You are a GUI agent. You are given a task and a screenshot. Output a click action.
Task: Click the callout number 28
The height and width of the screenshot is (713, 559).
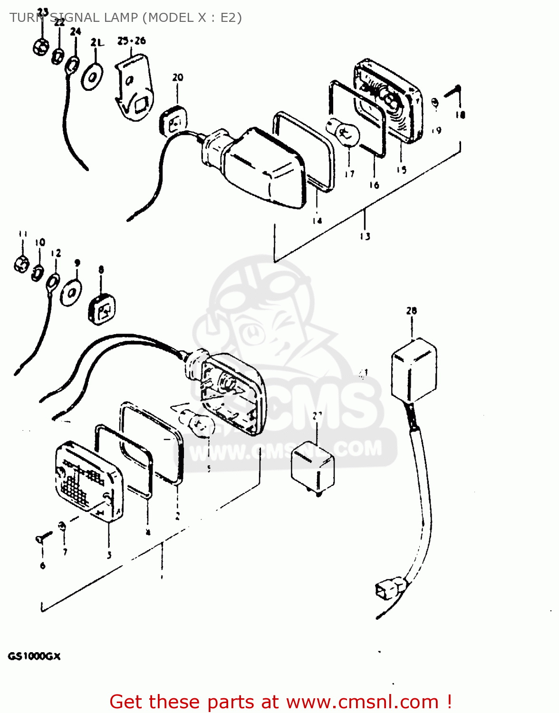coord(412,311)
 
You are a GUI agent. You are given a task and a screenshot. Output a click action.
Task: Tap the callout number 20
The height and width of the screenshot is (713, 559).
coord(178,77)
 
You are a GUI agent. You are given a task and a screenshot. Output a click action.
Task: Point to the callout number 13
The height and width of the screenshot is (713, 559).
coord(365,236)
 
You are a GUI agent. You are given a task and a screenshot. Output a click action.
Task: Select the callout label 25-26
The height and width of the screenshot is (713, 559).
coord(132,41)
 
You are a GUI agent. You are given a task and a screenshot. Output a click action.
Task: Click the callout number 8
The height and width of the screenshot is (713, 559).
coord(101,270)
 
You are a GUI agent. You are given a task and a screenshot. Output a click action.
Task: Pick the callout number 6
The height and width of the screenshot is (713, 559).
coord(43,565)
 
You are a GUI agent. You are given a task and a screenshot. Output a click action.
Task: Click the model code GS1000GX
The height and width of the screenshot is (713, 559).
coord(34,656)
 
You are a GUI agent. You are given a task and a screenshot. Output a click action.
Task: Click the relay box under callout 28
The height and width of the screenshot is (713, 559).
coord(414,369)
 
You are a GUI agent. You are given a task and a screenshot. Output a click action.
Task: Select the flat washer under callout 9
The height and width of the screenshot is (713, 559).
coord(71,292)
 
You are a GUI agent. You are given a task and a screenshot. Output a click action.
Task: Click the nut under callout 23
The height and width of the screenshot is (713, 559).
coord(40,46)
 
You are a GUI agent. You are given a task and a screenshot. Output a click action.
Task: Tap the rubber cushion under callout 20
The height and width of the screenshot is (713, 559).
coord(172,121)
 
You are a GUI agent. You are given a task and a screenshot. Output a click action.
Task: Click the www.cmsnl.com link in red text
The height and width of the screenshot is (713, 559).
coord(362,702)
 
